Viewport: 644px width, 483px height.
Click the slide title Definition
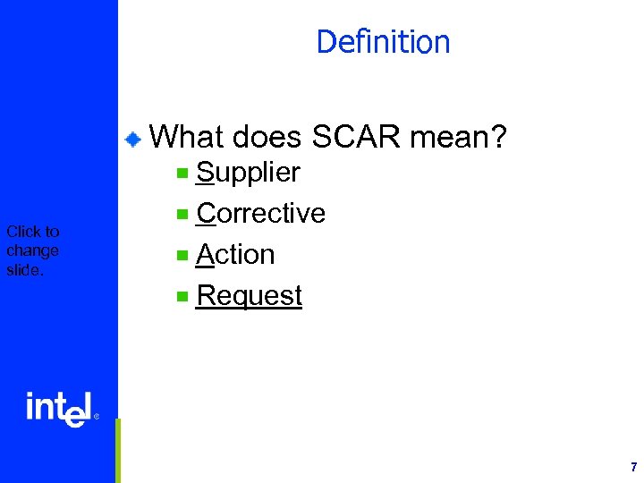[x=383, y=42]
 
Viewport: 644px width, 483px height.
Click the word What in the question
[x=187, y=137]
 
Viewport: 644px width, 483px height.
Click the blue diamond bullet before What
[x=132, y=139]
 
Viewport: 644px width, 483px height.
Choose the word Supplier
[x=248, y=173]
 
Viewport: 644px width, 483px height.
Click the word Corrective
[x=260, y=213]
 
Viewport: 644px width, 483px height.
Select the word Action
[x=235, y=255]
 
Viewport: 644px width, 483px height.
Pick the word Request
[x=249, y=296]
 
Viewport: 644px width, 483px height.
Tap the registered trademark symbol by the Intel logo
[x=97, y=417]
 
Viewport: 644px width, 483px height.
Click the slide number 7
[x=633, y=467]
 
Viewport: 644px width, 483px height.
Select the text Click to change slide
[x=32, y=250]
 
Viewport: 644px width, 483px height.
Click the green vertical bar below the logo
[x=117, y=450]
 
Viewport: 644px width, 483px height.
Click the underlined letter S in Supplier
[x=204, y=172]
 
